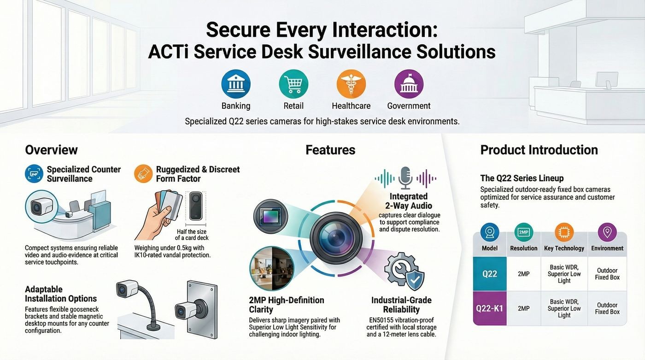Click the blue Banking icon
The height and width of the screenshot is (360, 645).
click(236, 84)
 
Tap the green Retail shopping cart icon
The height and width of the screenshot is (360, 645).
click(293, 84)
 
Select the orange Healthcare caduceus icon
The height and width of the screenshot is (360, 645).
click(351, 84)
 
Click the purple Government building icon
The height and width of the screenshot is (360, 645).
click(409, 84)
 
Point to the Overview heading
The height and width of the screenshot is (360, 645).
click(51, 150)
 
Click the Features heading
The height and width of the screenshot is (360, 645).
click(330, 150)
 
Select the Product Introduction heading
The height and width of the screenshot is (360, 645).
click(539, 150)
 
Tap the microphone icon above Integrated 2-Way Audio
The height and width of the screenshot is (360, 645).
click(405, 178)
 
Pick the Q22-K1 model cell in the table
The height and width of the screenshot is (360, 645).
click(489, 308)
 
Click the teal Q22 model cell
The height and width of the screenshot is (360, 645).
click(489, 274)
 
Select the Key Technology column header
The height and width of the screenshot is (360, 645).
click(564, 248)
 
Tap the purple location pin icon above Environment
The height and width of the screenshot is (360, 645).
click(607, 232)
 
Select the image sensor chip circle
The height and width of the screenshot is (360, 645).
click(271, 216)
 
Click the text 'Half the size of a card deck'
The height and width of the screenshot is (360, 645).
click(192, 235)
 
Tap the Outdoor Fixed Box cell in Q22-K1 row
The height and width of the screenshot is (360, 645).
click(607, 308)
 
